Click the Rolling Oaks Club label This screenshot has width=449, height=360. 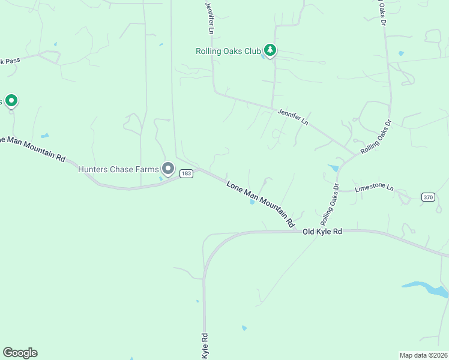click(228, 51)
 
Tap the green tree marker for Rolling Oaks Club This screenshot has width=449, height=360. click(270, 50)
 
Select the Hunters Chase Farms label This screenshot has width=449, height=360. click(118, 170)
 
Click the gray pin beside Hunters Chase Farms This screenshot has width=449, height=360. click(168, 169)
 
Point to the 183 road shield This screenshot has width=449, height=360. click(185, 173)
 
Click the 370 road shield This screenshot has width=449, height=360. click(427, 196)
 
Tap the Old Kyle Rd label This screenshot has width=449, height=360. click(322, 232)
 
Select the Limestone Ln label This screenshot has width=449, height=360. click(373, 188)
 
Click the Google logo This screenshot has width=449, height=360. click(20, 353)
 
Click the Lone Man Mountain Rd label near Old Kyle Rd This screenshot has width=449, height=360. click(261, 203)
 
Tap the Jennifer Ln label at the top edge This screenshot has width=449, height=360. click(209, 17)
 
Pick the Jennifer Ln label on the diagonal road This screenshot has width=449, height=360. click(292, 116)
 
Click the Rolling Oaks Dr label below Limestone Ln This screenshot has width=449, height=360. click(330, 202)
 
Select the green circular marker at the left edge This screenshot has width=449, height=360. click(11, 101)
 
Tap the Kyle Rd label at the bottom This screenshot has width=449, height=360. click(205, 347)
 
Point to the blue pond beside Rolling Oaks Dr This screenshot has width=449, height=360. click(333, 168)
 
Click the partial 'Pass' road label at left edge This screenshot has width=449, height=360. click(10, 61)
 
